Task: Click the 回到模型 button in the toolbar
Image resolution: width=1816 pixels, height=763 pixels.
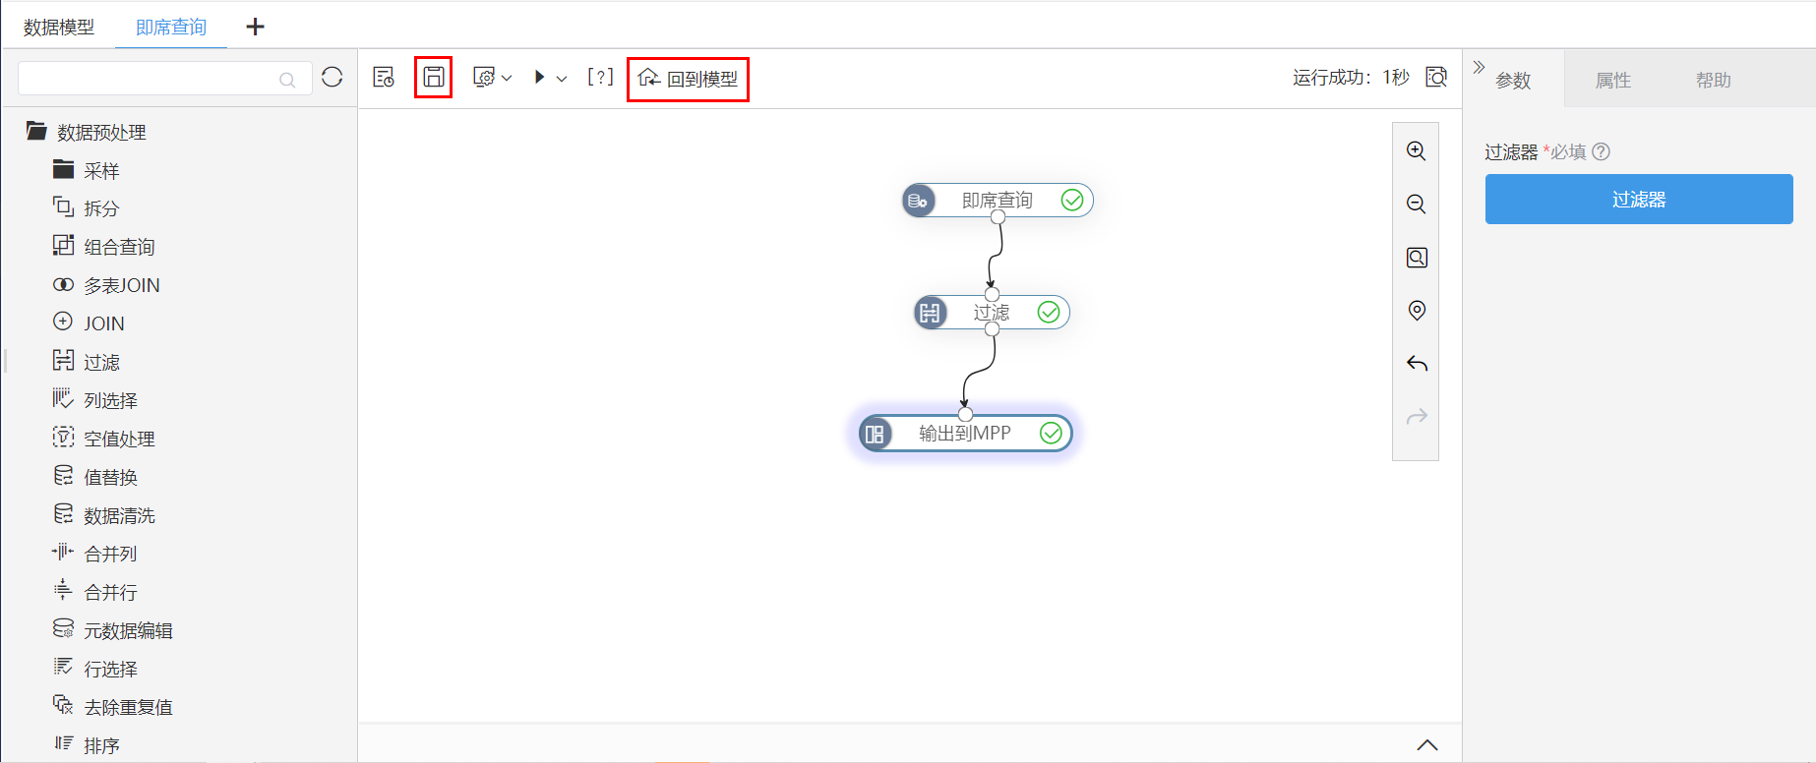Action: (x=688, y=79)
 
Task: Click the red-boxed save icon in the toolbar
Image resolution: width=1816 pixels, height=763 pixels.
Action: (x=433, y=77)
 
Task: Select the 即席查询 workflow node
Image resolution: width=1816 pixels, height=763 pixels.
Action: (x=997, y=201)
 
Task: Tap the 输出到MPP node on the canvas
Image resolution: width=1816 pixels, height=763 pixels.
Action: (x=965, y=434)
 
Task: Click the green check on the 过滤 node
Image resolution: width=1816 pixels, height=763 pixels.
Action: (x=1049, y=312)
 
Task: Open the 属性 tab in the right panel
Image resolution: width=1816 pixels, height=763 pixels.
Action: (x=1613, y=81)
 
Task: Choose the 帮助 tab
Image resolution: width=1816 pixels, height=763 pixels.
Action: (x=1713, y=81)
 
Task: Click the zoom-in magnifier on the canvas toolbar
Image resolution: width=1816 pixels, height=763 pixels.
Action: (x=1417, y=151)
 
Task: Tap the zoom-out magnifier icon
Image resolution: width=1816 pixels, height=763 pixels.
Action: (x=1417, y=205)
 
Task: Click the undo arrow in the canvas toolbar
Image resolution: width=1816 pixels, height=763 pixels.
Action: (x=1417, y=364)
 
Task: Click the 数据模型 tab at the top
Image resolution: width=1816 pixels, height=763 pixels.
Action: (x=59, y=28)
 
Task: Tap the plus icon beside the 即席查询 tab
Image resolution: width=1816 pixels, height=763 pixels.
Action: (x=255, y=27)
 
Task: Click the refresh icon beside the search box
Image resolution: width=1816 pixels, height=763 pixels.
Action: (x=333, y=78)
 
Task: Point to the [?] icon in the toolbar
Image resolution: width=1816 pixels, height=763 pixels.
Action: (x=600, y=77)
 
